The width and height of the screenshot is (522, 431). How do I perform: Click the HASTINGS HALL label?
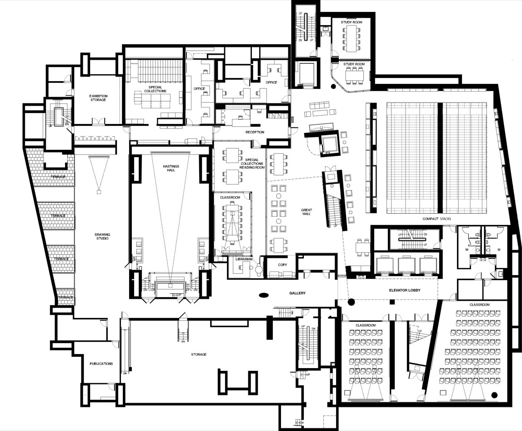[171, 169]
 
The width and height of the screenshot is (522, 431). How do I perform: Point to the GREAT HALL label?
[306, 212]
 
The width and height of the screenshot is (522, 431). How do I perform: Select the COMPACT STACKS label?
[437, 219]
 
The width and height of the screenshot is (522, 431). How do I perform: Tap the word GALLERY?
[296, 293]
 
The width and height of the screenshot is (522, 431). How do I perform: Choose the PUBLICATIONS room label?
[101, 364]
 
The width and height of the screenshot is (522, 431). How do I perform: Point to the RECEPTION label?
[255, 132]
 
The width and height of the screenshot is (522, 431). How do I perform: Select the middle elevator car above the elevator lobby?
[406, 264]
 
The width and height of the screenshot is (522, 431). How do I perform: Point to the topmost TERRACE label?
[58, 177]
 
